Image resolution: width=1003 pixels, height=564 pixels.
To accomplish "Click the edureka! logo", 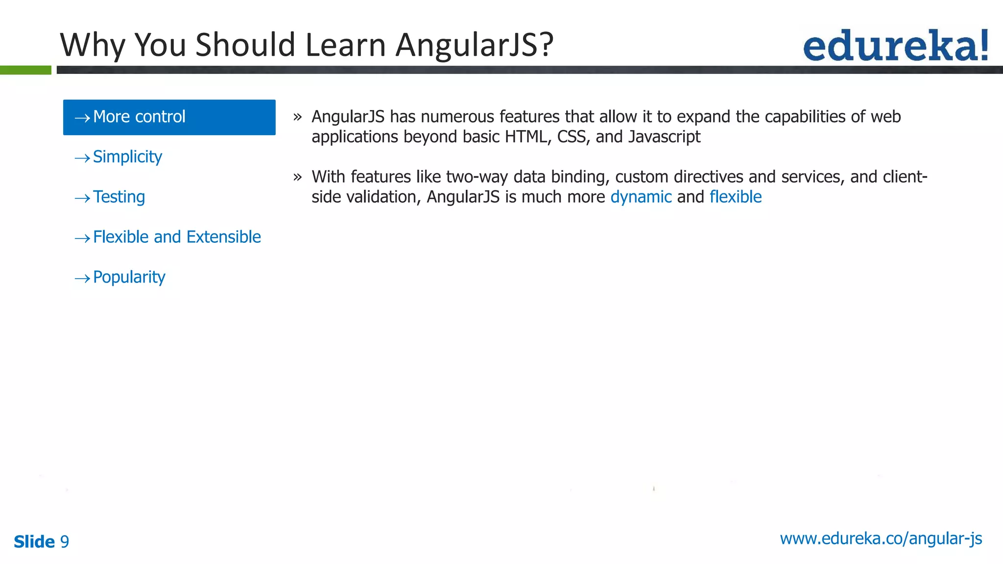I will click(895, 45).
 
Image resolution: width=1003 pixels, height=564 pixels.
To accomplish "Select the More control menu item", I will click(169, 117).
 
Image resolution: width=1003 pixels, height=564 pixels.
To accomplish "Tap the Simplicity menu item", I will click(127, 157).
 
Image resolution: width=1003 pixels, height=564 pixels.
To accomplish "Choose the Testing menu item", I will click(119, 197).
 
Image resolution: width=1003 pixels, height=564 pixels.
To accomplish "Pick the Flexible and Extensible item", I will click(176, 237).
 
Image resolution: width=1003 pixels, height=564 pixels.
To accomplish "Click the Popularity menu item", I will click(129, 277).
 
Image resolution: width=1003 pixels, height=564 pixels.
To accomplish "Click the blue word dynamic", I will click(641, 197).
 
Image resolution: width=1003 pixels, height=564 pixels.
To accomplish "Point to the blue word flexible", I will click(735, 197).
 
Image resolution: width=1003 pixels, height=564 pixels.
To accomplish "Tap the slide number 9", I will click(64, 541).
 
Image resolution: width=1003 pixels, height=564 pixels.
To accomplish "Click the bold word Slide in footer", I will click(34, 541).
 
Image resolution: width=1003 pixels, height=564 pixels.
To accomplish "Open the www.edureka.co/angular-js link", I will click(881, 539).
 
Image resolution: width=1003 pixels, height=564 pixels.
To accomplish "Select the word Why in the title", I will click(94, 45).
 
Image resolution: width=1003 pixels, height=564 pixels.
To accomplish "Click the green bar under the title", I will click(25, 70).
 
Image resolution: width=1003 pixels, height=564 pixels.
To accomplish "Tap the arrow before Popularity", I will click(82, 279).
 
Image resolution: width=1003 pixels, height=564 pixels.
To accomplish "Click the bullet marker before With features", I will click(297, 177).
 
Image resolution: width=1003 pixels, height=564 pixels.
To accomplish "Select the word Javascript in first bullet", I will click(664, 137).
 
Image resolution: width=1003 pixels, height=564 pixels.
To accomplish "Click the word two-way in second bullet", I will click(477, 177).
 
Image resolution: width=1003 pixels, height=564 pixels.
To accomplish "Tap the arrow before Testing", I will click(82, 198).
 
